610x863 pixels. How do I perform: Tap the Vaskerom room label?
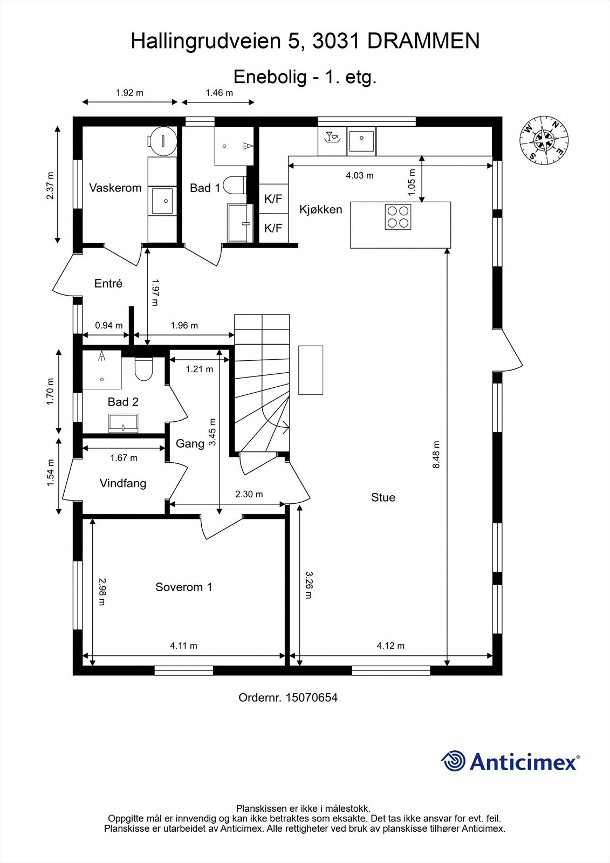115,188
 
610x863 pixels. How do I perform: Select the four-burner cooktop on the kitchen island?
398,217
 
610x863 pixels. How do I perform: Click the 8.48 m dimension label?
436,454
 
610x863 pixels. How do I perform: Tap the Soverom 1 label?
183,587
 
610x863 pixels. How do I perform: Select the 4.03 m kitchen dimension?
359,175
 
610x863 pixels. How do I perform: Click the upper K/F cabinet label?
273,199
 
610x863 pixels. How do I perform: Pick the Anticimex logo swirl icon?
453,762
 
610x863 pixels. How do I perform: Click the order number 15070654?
311,697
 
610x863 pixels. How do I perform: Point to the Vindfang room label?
122,483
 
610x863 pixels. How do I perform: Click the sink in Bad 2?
124,423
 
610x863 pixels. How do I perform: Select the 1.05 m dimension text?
412,182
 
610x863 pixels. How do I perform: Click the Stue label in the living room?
383,497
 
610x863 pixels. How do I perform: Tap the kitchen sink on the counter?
361,141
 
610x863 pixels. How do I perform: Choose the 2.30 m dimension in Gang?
249,494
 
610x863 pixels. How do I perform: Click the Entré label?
108,283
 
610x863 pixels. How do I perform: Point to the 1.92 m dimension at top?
129,93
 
